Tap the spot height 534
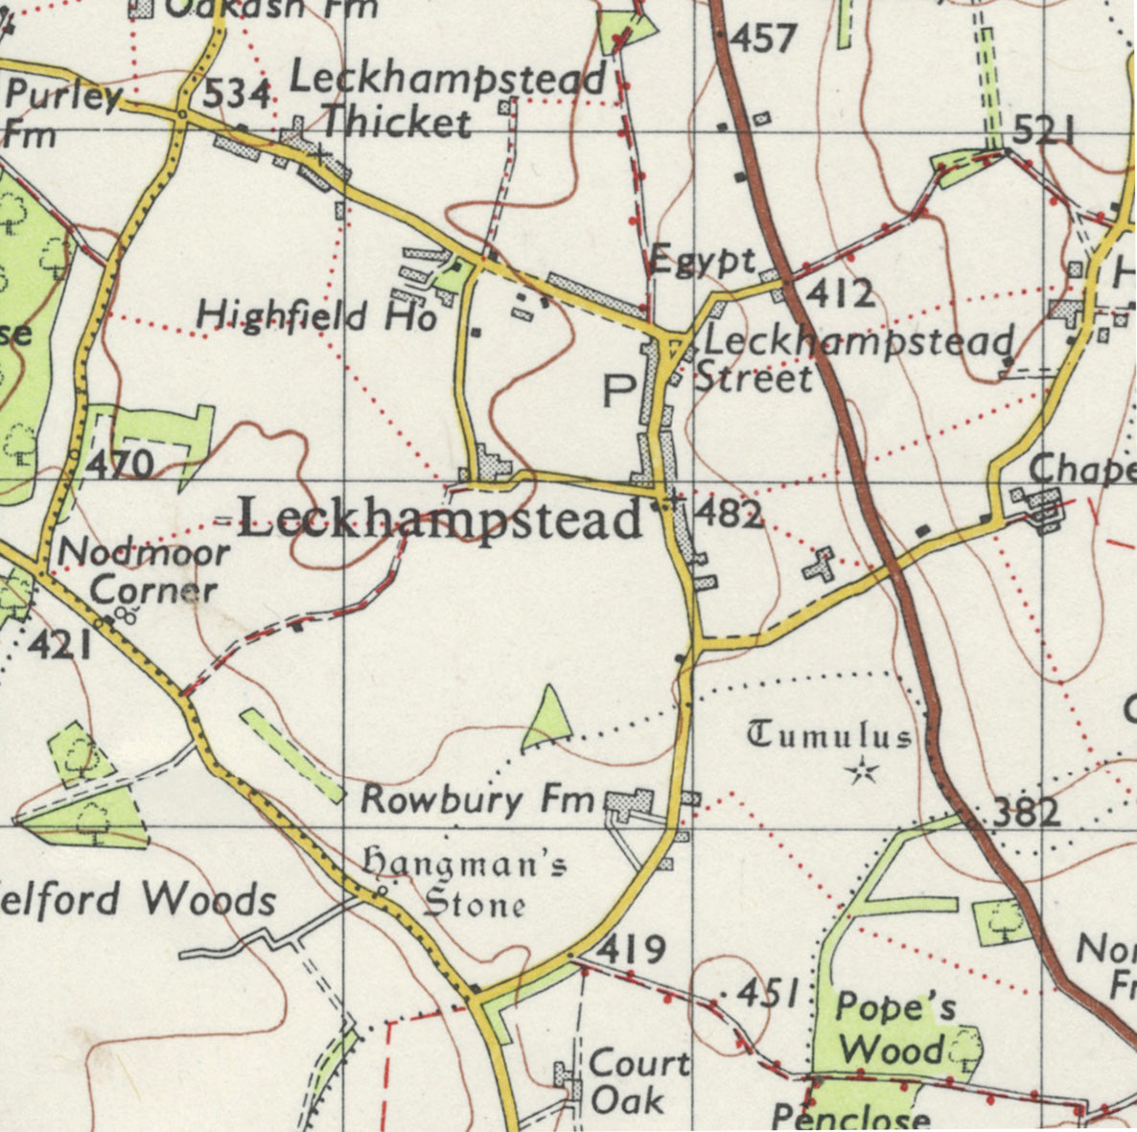click(x=237, y=94)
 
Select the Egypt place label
click(x=703, y=260)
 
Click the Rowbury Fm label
click(x=477, y=798)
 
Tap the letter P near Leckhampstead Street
click(x=618, y=390)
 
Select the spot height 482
click(x=728, y=514)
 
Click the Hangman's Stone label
click(x=463, y=884)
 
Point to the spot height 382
click(x=1026, y=814)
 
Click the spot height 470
click(x=120, y=465)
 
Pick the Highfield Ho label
click(x=316, y=315)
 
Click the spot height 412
click(x=839, y=292)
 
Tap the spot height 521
click(x=1042, y=130)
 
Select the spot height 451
click(x=768, y=994)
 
